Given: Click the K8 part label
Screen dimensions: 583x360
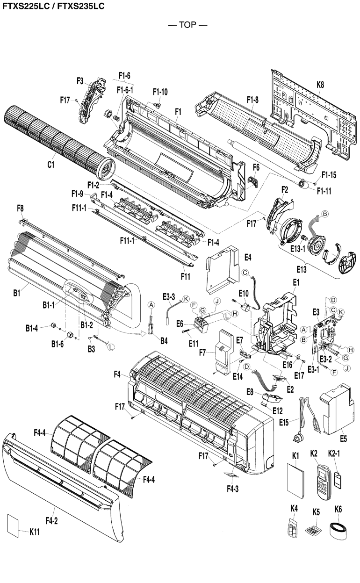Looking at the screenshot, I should coord(320,85).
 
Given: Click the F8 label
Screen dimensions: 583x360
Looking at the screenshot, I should coord(20,207).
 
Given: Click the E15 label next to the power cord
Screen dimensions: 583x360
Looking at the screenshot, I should coord(284,422).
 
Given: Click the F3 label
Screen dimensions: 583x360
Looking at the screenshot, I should coord(80,81).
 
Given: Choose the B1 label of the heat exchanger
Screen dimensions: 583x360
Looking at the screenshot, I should coord(16,293).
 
